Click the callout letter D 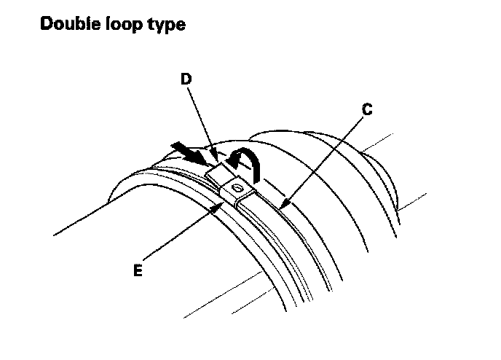[187, 79]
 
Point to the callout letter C [367, 110]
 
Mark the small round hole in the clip [237, 188]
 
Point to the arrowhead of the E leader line [222, 204]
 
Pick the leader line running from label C [324, 156]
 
